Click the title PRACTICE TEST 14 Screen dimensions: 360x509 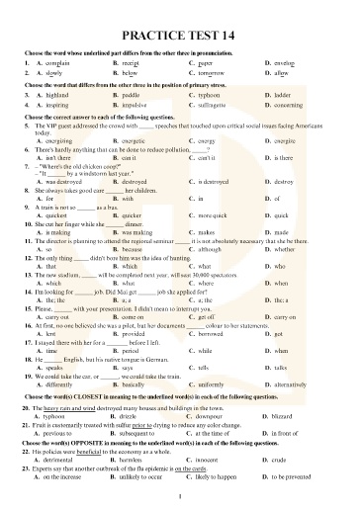coord(179,33)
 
